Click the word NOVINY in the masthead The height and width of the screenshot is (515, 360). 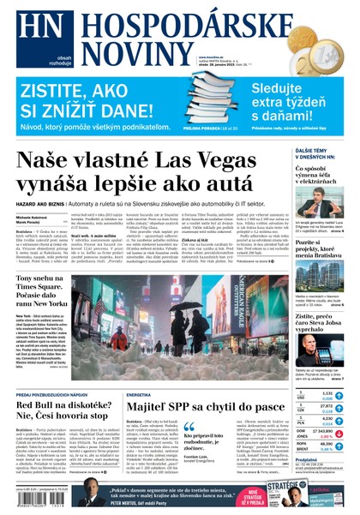pyautogui.click(x=124, y=51)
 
